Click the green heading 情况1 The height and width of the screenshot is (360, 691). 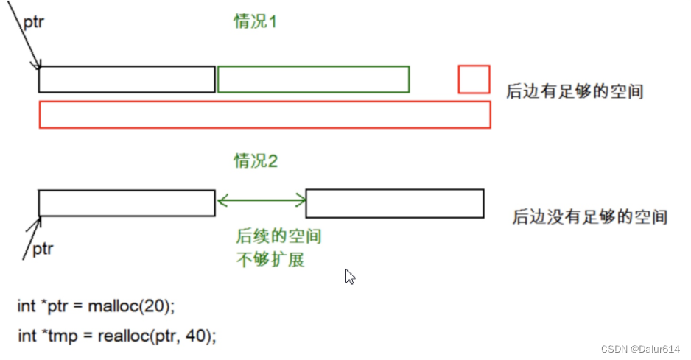click(x=255, y=21)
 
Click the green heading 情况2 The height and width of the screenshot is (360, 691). click(x=256, y=161)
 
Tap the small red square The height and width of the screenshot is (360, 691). click(x=474, y=80)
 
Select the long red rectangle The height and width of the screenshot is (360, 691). click(x=264, y=115)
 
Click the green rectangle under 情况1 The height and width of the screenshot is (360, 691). click(x=313, y=80)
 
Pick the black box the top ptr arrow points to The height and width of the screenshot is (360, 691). click(x=127, y=80)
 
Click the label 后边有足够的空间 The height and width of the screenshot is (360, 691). click(x=575, y=92)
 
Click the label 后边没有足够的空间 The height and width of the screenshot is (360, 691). click(x=589, y=217)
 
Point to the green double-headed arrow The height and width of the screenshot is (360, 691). click(x=261, y=199)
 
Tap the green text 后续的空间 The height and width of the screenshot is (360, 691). click(x=278, y=237)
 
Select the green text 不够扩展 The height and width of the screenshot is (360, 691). click(x=270, y=260)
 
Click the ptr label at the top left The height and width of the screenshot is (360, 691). click(x=33, y=22)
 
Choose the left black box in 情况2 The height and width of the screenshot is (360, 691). click(x=127, y=203)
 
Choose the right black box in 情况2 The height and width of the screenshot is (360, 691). click(x=394, y=203)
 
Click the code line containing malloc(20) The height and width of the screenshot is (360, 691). click(x=97, y=306)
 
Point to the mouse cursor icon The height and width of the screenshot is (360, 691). click(x=350, y=278)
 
